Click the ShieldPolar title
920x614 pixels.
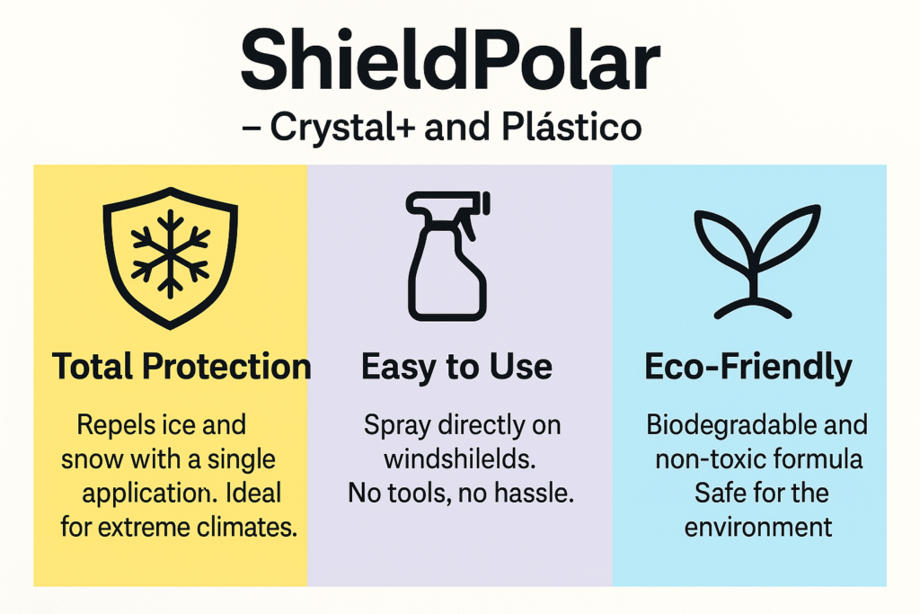pos(451,60)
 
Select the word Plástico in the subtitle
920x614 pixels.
pos(571,126)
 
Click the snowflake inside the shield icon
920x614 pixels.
pos(170,254)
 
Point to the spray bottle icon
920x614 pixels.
pos(447,256)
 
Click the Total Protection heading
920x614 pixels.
pos(181,366)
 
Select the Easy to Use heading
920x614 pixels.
pos(456,367)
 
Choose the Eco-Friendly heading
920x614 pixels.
pos(748,367)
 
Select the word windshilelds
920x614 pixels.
pos(460,459)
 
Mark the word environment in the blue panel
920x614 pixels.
pos(758,527)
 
